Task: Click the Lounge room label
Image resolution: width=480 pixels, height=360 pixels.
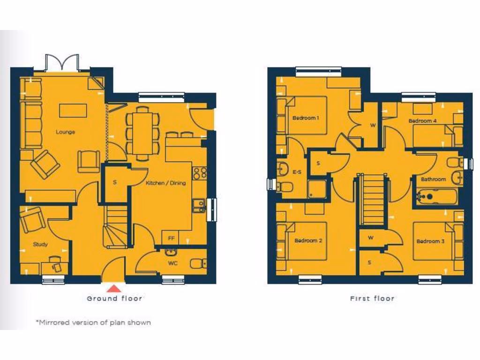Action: click(x=65, y=132)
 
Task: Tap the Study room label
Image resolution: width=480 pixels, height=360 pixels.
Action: click(x=40, y=244)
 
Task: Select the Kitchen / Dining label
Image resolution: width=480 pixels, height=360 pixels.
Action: click(x=165, y=183)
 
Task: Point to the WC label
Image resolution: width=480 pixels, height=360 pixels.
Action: click(x=173, y=263)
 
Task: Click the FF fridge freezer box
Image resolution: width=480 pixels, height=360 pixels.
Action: click(x=171, y=238)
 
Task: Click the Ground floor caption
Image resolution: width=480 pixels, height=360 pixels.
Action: click(x=114, y=298)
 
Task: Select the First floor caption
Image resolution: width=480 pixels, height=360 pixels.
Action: click(x=372, y=298)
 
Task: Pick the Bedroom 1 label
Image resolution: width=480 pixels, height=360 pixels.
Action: click(x=305, y=118)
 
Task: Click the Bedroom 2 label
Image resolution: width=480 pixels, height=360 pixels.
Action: click(x=308, y=241)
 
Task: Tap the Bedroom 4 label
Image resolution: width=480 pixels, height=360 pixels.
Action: click(x=422, y=121)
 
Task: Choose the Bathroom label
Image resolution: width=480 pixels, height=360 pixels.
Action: click(x=433, y=179)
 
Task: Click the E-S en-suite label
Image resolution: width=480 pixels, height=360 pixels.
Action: click(x=297, y=172)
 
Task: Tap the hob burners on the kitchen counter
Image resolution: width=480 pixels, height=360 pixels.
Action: click(x=200, y=172)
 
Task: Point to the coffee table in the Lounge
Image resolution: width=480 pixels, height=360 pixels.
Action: click(x=73, y=111)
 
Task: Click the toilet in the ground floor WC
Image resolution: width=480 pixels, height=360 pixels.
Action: click(x=198, y=263)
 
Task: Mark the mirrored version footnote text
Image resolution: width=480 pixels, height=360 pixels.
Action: click(x=93, y=322)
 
